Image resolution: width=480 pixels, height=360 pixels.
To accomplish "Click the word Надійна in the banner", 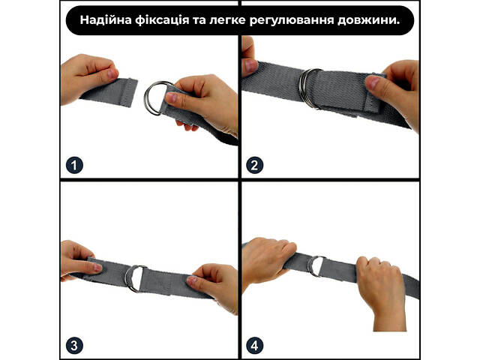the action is pyautogui.click(x=106, y=20).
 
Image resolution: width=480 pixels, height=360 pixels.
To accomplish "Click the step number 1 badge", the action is pyautogui.click(x=74, y=165).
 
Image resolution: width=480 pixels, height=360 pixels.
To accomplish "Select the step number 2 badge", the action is pyautogui.click(x=255, y=165).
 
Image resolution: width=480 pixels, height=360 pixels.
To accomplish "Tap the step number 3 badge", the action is pyautogui.click(x=74, y=346).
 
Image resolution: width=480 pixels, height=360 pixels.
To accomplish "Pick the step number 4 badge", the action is pyautogui.click(x=255, y=346).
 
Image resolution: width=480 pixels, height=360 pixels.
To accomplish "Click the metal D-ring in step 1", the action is pyautogui.click(x=146, y=98).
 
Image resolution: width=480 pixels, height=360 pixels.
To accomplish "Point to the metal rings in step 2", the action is pyautogui.click(x=303, y=88).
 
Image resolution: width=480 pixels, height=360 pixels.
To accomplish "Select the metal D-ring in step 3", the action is pyautogui.click(x=128, y=278).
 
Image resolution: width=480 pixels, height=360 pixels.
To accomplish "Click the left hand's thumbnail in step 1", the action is pyautogui.click(x=112, y=73).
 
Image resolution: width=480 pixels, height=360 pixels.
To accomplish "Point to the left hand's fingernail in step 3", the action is pyautogui.click(x=97, y=268).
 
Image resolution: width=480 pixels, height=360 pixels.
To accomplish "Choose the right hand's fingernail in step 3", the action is pyautogui.click(x=192, y=280).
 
